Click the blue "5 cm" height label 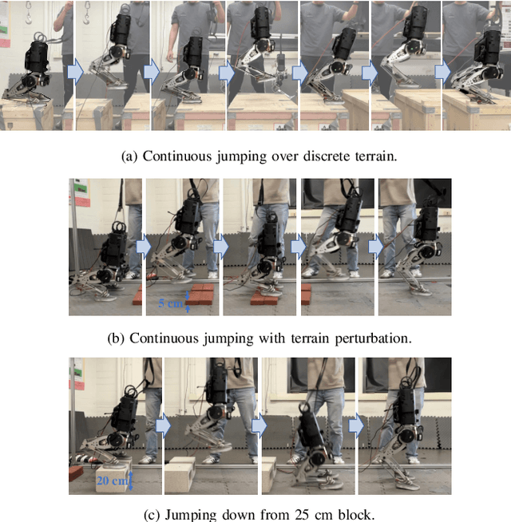(x=172, y=303)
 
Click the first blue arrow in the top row (x=73, y=72)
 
